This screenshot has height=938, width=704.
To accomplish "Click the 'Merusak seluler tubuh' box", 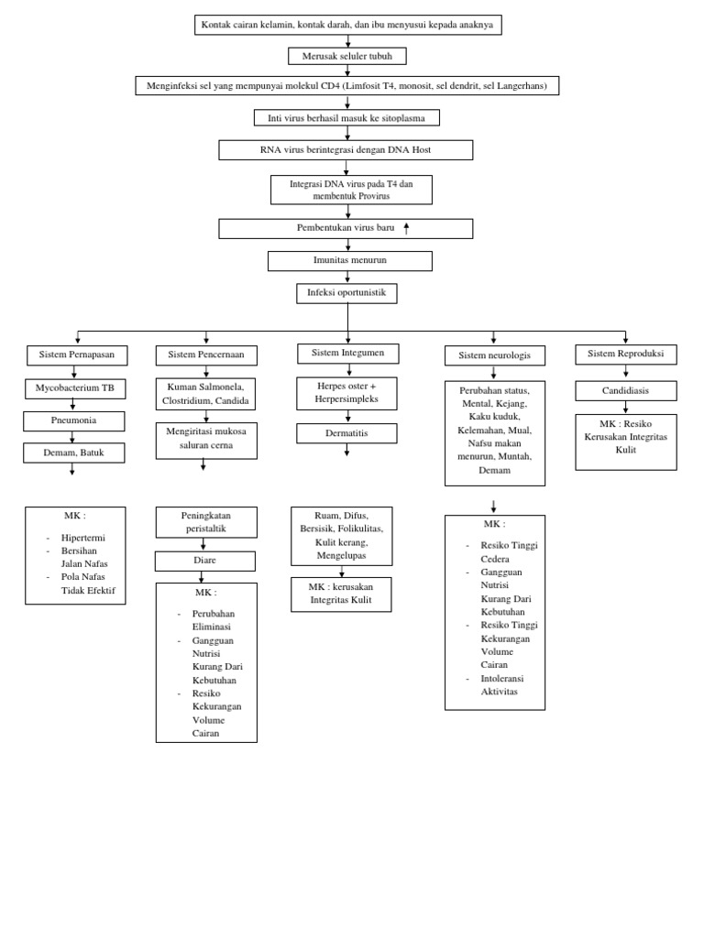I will (x=347, y=56).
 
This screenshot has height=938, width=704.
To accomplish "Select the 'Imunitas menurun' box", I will (x=349, y=261).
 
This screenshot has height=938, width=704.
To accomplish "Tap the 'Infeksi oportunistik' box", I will (x=346, y=293).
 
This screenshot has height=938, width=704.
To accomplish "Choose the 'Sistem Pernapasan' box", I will (x=77, y=355).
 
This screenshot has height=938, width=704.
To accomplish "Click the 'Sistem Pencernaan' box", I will (x=206, y=355).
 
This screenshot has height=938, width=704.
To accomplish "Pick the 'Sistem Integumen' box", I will (x=347, y=353).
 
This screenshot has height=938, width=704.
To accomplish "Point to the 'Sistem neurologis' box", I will (x=495, y=355).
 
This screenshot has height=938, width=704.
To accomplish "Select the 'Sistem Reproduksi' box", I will (x=626, y=353).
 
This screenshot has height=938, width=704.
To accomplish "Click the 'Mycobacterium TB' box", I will (x=75, y=388).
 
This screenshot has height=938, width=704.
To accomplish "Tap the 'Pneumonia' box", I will (x=73, y=421).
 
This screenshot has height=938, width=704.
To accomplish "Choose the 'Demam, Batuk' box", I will (x=73, y=453).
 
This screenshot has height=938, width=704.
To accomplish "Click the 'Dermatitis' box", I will (x=347, y=433).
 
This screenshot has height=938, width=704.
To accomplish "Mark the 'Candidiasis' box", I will (x=626, y=391).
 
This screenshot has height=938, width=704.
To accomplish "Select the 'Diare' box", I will (x=205, y=561).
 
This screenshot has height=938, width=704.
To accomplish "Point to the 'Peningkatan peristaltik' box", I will (x=205, y=522).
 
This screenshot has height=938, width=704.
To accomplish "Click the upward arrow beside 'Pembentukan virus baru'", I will (x=406, y=228).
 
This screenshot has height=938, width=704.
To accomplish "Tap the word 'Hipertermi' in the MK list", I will (x=83, y=538).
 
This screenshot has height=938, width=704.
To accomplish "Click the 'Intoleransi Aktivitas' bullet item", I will (x=500, y=684).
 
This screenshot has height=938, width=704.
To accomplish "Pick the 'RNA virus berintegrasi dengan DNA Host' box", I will (x=346, y=150).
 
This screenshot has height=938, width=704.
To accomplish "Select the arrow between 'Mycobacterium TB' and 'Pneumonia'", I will (x=72, y=406).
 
